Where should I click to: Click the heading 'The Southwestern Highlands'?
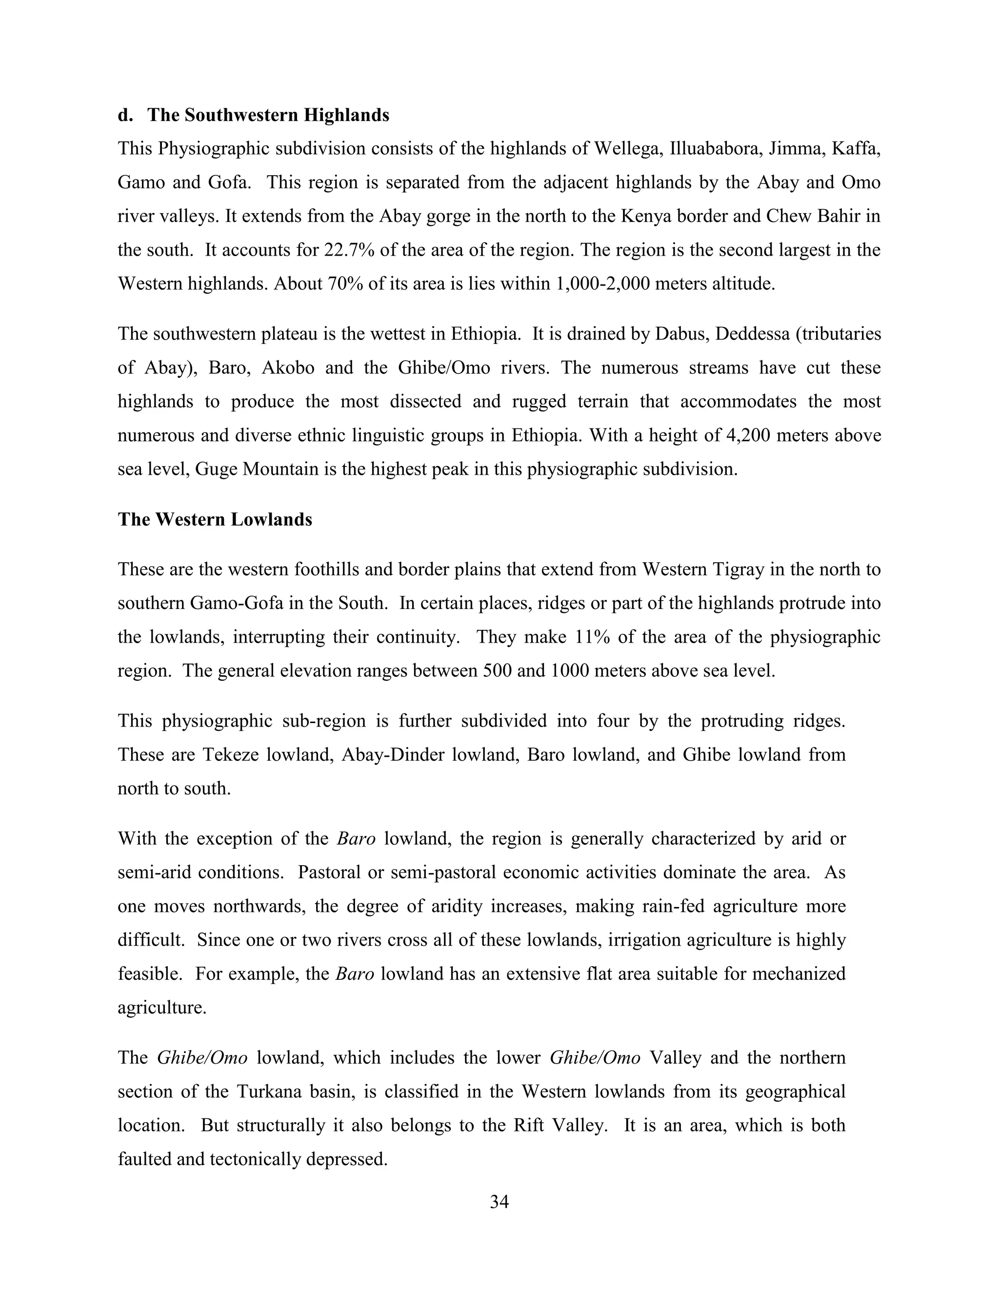pyautogui.click(x=268, y=115)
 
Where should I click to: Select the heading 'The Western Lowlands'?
pyautogui.click(x=215, y=519)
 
